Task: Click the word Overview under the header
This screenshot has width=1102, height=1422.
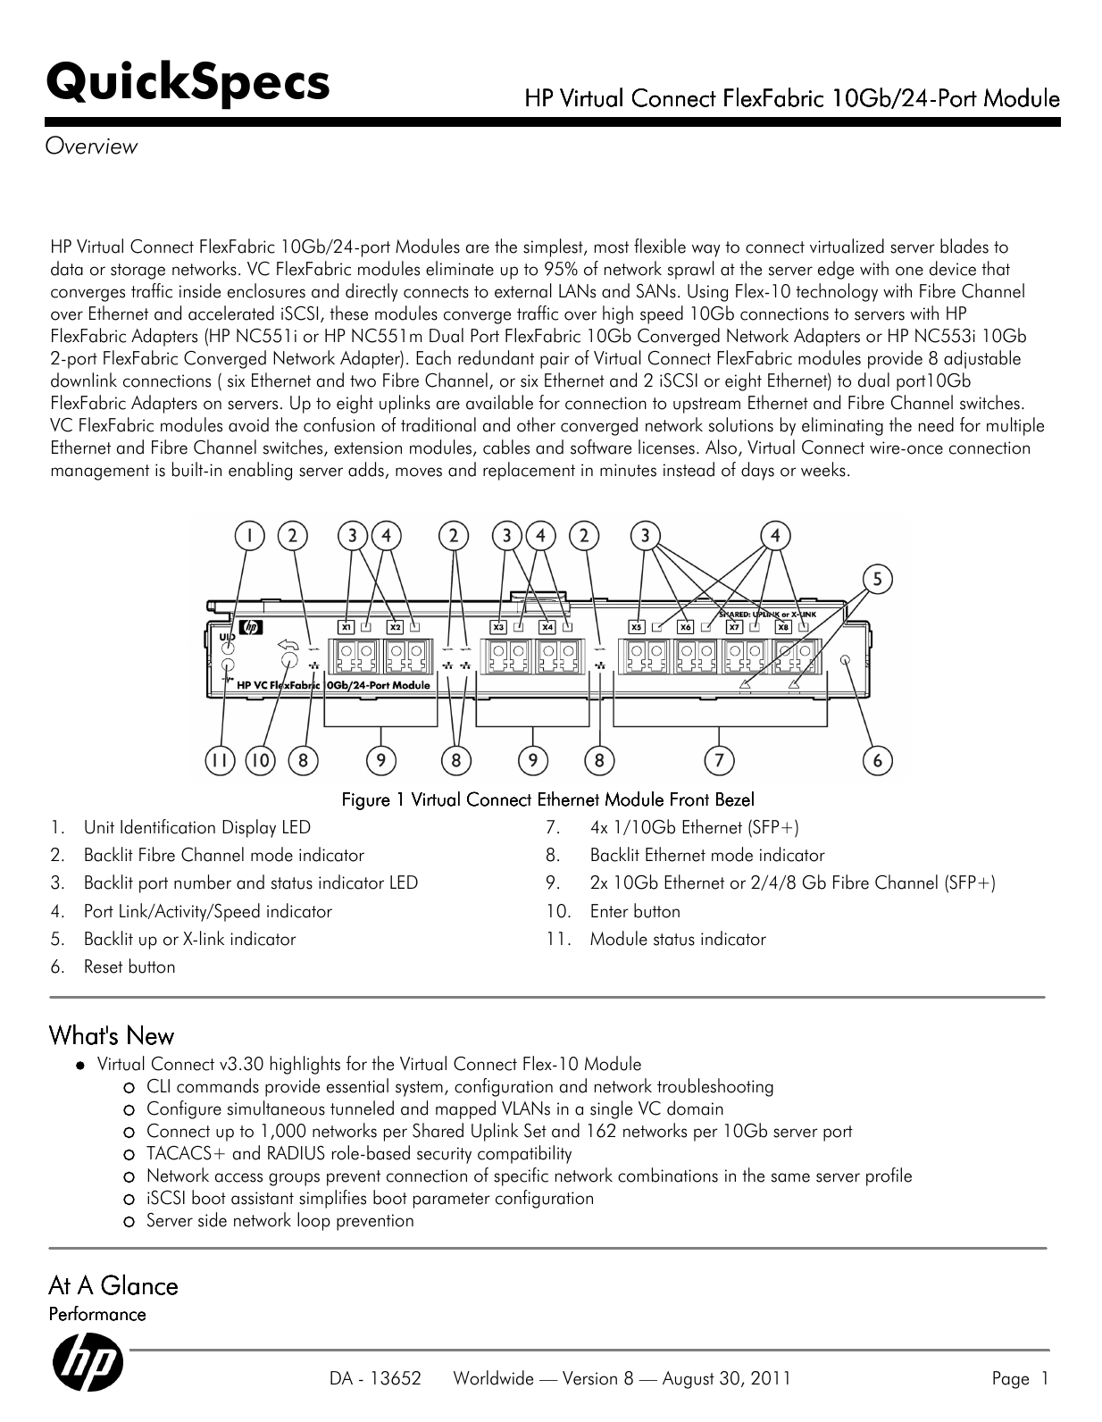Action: coord(93,146)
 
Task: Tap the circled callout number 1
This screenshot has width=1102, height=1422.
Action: coord(250,536)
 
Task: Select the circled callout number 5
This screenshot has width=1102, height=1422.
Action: coord(878,580)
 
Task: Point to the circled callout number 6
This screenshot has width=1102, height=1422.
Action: coord(878,760)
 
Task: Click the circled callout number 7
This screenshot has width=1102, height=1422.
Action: coord(719,760)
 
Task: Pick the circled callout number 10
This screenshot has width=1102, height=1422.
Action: coord(261,760)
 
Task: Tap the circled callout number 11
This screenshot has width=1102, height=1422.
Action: coord(219,760)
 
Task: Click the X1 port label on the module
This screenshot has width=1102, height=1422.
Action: coord(347,627)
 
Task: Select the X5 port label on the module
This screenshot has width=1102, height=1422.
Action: coord(637,627)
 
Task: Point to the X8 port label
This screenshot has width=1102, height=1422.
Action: coord(783,627)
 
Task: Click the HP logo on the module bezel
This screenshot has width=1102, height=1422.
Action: coord(250,628)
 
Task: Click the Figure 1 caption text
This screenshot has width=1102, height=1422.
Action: coord(548,799)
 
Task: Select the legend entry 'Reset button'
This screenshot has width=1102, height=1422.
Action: coord(129,966)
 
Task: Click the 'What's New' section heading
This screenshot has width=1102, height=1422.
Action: coord(112,1036)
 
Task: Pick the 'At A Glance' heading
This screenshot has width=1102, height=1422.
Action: coord(113,1285)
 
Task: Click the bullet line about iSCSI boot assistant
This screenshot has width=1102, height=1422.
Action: coord(370,1198)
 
